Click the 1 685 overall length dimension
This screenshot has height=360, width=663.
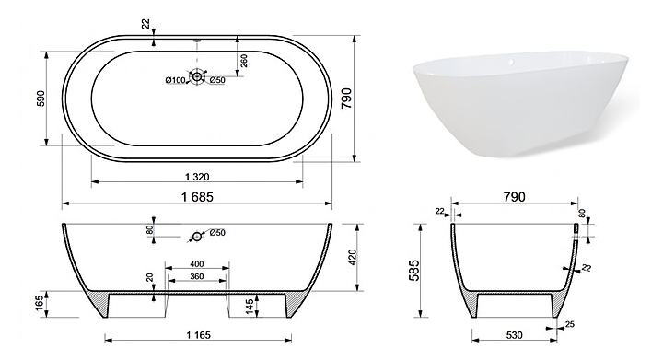pyautogui.click(x=197, y=196)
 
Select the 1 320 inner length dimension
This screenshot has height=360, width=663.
pyautogui.click(x=197, y=177)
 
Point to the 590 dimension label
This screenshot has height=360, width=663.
pyautogui.click(x=41, y=98)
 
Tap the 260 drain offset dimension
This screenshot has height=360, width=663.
pyautogui.click(x=243, y=61)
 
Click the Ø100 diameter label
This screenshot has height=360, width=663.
pyautogui.click(x=176, y=80)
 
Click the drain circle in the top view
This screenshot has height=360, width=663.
pyautogui.click(x=197, y=76)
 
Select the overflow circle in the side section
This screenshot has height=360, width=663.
pyautogui.click(x=197, y=237)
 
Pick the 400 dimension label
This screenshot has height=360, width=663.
pyautogui.click(x=197, y=264)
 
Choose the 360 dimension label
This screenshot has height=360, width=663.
pyautogui.click(x=197, y=276)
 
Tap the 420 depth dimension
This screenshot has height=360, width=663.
pyautogui.click(x=354, y=257)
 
